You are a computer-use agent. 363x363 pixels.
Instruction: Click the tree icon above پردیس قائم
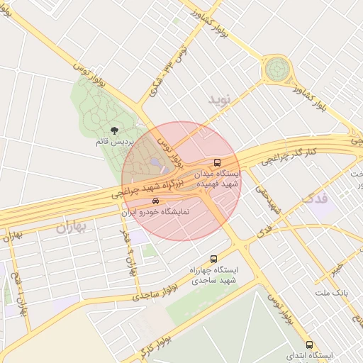(115, 130)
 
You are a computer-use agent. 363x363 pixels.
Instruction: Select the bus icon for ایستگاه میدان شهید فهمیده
(218, 162)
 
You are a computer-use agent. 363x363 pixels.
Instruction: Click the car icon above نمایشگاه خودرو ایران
(155, 201)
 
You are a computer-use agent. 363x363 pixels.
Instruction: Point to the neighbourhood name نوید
(220, 100)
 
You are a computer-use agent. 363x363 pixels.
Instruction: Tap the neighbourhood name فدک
(317, 199)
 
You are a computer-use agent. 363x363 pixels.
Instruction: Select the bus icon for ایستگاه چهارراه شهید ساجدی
(214, 259)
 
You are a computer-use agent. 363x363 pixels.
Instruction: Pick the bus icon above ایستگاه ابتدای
(308, 344)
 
